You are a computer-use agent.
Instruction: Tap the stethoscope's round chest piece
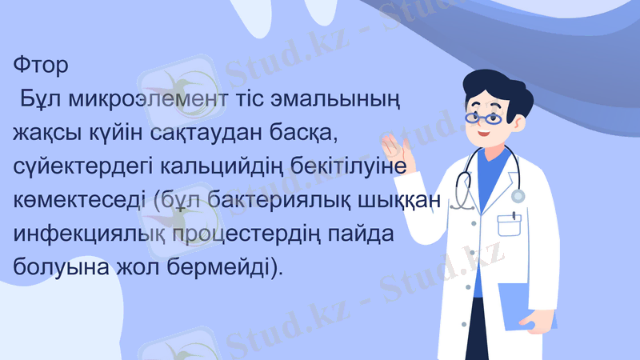pos(518,195)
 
